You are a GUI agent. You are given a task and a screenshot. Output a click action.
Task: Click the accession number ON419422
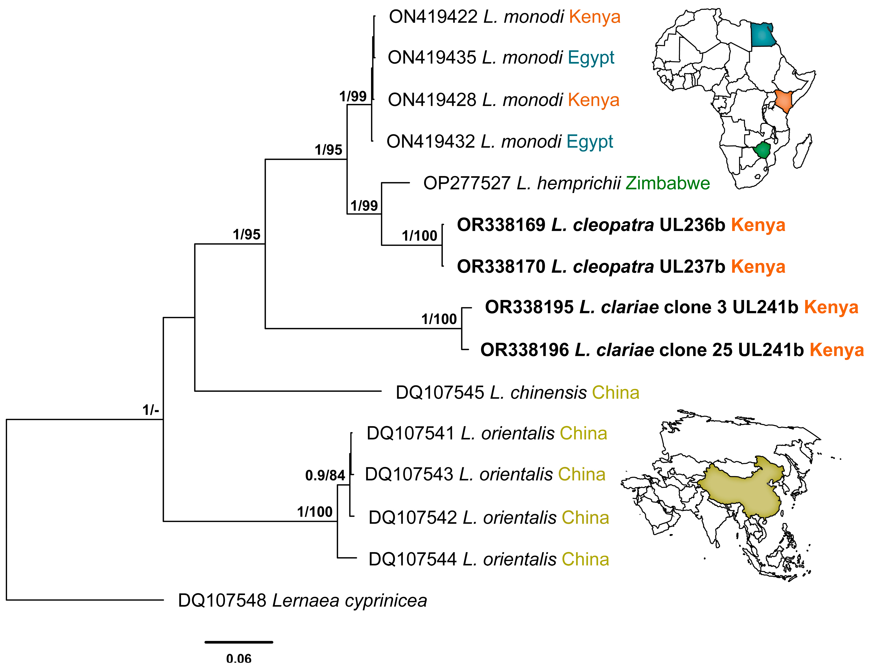coord(433,17)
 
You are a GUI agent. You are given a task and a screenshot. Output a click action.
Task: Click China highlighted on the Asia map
coord(740,487)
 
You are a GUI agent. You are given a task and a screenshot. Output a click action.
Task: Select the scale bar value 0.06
coord(239,659)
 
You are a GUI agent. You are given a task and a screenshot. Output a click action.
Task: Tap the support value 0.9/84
coord(325,475)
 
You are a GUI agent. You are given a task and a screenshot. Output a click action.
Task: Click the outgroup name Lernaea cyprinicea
coord(349,601)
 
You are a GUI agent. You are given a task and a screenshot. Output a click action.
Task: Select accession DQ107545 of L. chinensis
coord(440,393)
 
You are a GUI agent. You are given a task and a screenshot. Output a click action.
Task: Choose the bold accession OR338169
coord(501,225)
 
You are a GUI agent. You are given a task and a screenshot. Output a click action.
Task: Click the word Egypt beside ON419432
coord(590,142)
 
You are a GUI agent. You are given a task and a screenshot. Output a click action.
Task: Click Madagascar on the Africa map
coord(803,151)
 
